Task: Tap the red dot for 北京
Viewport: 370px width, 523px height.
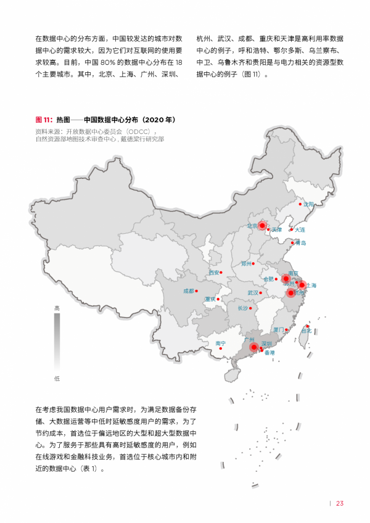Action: (x=261, y=226)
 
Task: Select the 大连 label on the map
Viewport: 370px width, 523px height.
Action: (x=300, y=230)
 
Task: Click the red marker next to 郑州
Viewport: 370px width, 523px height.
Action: (x=255, y=264)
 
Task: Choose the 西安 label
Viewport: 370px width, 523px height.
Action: (x=213, y=272)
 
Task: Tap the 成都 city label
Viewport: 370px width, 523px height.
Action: (x=189, y=290)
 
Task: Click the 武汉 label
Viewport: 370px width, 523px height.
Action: (x=253, y=293)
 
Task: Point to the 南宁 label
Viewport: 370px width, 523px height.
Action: (x=221, y=343)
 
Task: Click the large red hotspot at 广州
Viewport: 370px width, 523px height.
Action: (x=253, y=347)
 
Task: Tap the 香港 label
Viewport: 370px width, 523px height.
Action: (x=269, y=353)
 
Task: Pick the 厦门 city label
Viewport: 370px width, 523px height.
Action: (x=278, y=330)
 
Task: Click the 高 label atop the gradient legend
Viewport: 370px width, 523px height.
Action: (x=57, y=308)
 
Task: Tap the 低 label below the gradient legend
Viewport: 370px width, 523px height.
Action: (x=57, y=379)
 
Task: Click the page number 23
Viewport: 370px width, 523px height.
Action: (x=339, y=503)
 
